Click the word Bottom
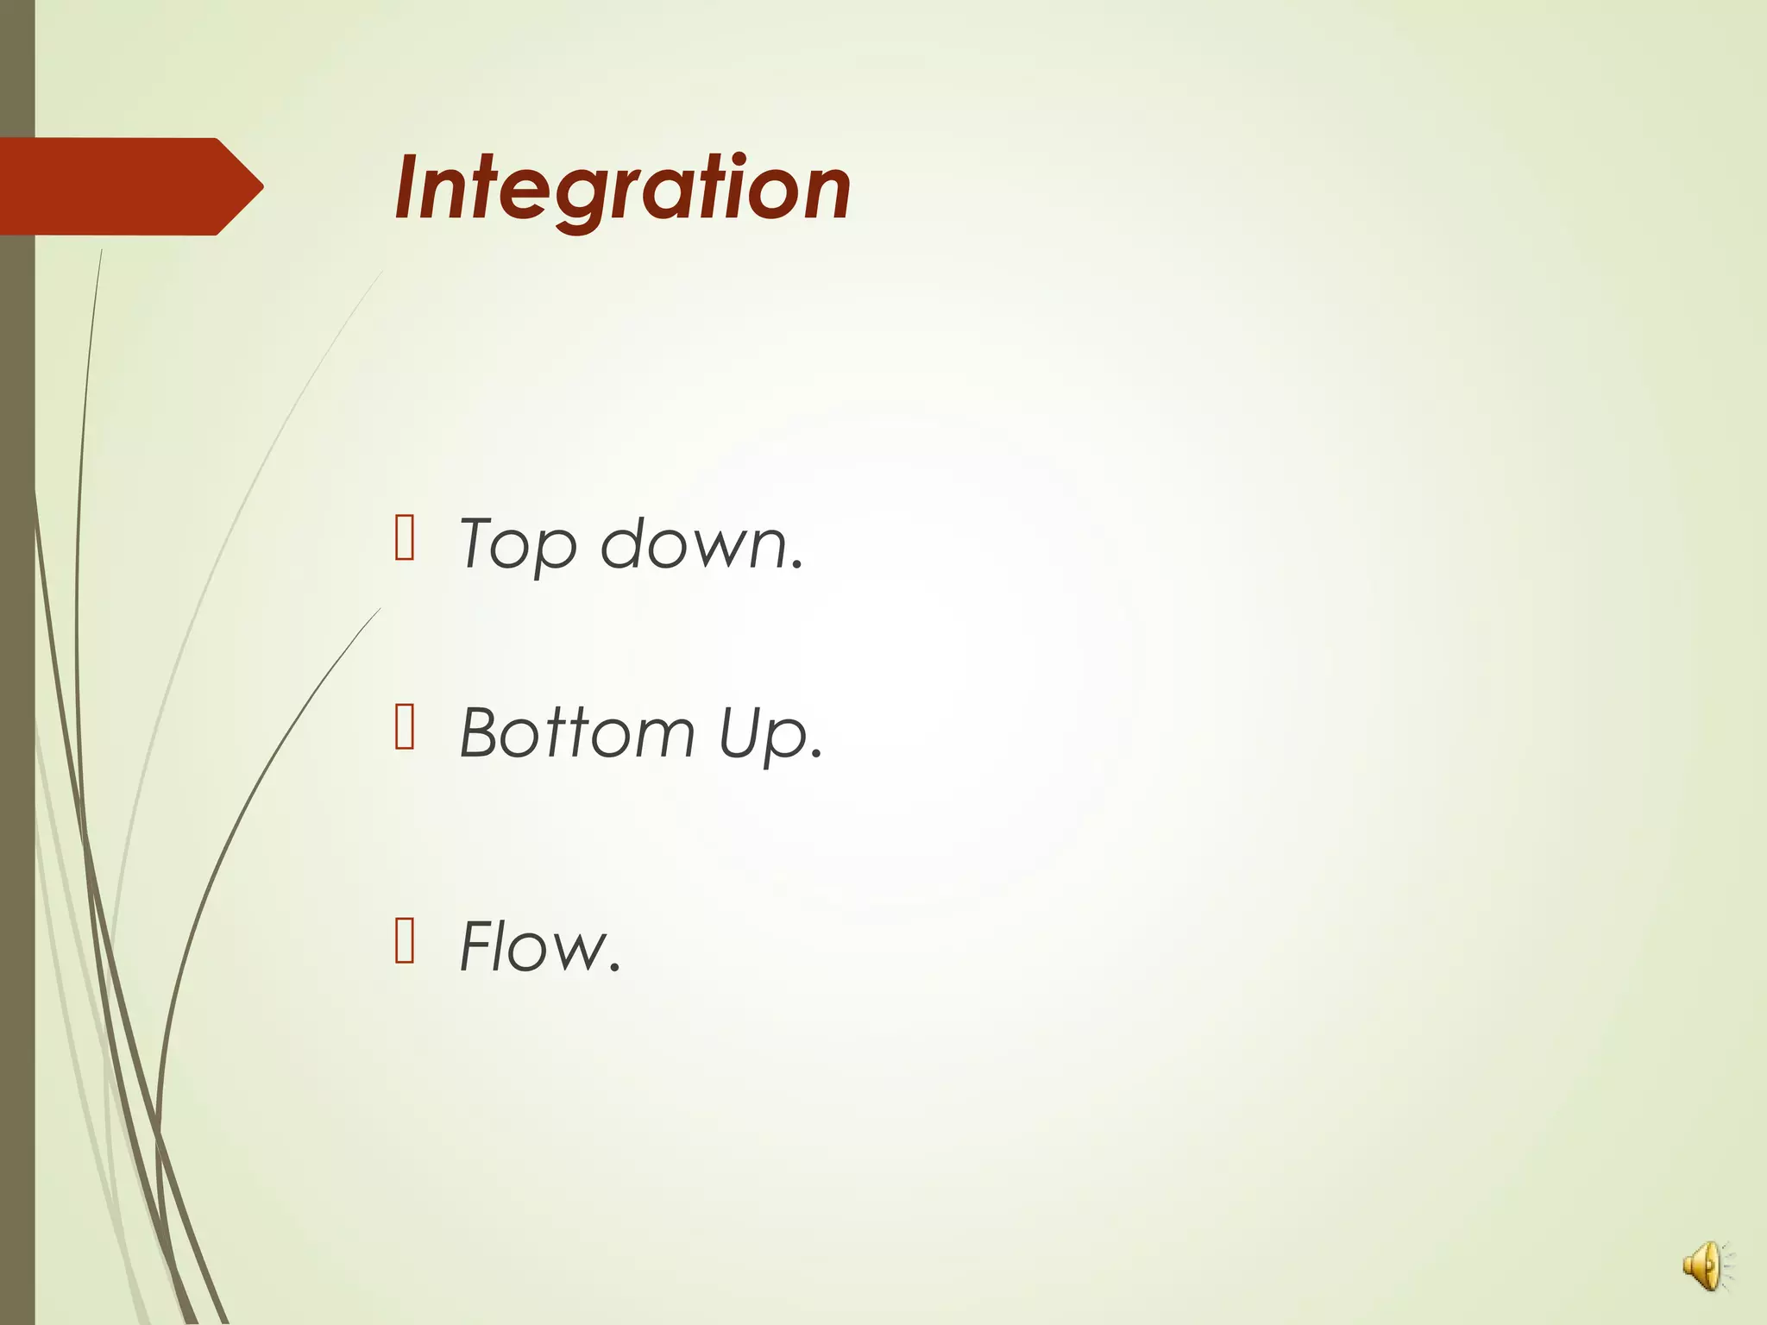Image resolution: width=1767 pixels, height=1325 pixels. pyautogui.click(x=576, y=733)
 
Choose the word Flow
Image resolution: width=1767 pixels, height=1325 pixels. pyautogui.click(x=531, y=946)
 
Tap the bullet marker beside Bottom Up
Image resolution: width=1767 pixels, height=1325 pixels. pyautogui.click(x=404, y=727)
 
